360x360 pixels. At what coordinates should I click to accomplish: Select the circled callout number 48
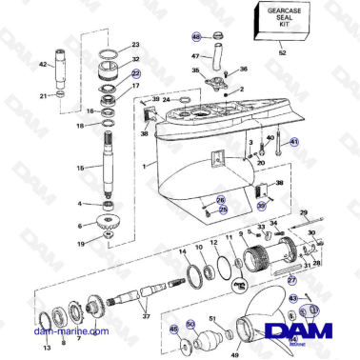pos(196,37)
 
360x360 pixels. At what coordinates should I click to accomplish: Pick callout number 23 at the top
pos(135,45)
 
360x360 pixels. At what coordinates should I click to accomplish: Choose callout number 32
pos(135,59)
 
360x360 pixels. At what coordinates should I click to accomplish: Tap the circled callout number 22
pos(135,72)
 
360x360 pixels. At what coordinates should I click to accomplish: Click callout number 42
pos(42,64)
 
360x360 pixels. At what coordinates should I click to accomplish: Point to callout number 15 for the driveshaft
pos(80,169)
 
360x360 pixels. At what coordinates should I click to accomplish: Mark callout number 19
pos(81,243)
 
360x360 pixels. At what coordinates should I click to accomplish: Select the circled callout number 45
pos(173,329)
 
